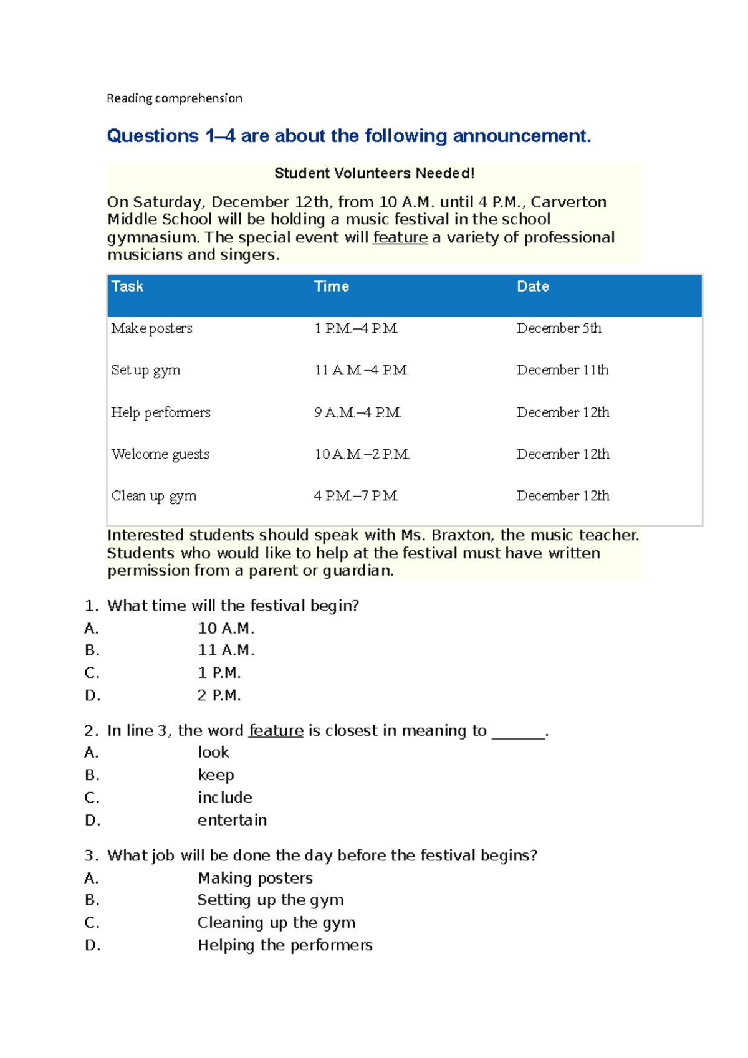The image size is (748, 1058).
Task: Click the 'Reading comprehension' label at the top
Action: click(x=174, y=98)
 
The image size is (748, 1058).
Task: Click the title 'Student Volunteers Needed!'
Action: click(x=374, y=173)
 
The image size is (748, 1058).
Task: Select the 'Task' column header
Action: click(x=127, y=287)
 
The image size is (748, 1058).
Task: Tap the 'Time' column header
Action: click(x=331, y=287)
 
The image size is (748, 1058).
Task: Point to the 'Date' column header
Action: click(x=532, y=287)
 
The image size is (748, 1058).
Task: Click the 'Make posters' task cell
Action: click(x=151, y=328)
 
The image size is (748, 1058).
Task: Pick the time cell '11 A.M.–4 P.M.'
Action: click(x=361, y=370)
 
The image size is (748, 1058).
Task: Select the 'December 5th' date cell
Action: click(x=559, y=328)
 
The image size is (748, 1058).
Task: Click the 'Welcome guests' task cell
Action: click(x=160, y=454)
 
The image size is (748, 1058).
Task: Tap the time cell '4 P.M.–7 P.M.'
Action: click(x=355, y=496)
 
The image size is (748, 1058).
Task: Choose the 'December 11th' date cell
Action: click(x=562, y=370)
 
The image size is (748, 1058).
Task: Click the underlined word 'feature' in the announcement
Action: click(x=400, y=237)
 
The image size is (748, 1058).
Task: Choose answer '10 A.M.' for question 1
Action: click(x=226, y=628)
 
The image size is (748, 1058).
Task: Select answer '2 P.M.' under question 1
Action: click(x=219, y=695)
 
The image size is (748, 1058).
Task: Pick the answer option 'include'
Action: click(x=224, y=798)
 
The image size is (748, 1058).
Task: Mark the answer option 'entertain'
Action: click(x=232, y=820)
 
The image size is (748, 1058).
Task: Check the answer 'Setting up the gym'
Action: click(x=271, y=900)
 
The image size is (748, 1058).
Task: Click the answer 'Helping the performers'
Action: click(x=285, y=945)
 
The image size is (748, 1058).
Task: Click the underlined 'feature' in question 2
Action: click(x=276, y=731)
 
